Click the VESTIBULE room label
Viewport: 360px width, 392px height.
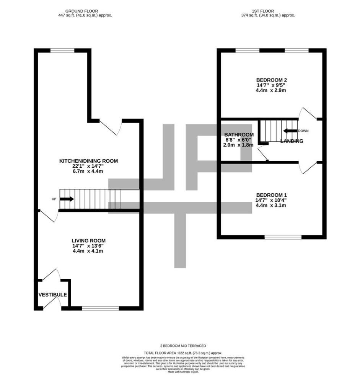point(53,295)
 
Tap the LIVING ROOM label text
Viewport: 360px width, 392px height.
point(88,240)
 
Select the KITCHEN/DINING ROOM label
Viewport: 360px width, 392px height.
point(88,161)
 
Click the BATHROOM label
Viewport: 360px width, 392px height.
point(239,135)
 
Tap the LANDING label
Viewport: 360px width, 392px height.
point(292,141)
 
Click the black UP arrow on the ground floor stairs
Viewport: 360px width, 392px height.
point(67,199)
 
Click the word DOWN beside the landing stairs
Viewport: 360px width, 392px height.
point(303,131)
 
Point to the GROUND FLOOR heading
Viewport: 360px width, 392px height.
point(81,11)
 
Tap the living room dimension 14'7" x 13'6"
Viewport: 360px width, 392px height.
point(88,246)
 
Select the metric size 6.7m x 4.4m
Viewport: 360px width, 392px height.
point(88,171)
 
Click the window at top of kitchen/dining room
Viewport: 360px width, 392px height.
point(62,51)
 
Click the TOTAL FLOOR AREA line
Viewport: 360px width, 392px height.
point(183,353)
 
